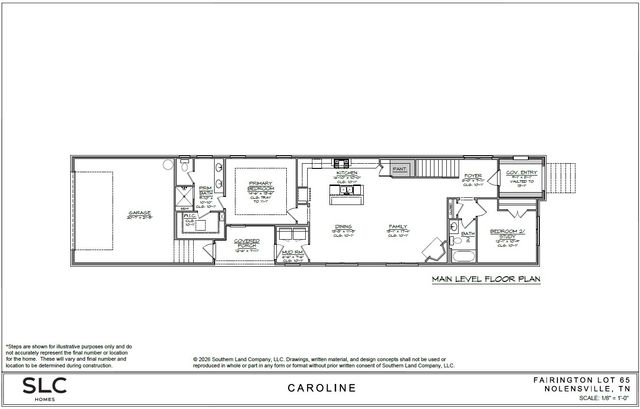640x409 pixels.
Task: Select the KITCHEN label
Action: click(x=346, y=172)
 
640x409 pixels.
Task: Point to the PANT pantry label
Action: click(x=399, y=171)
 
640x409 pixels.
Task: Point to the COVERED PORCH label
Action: click(x=247, y=242)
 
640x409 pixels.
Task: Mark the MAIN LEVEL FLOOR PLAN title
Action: click(x=484, y=281)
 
